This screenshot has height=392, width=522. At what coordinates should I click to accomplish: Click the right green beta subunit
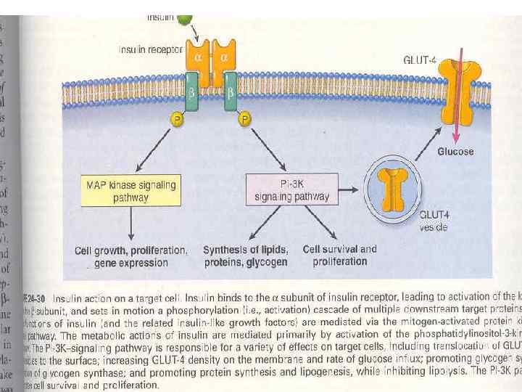[230, 92]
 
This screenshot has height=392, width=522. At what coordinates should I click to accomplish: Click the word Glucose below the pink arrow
[455, 152]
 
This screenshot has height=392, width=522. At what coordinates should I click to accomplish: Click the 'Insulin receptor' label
[150, 49]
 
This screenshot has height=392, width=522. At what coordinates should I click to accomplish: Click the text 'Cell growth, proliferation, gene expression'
[131, 256]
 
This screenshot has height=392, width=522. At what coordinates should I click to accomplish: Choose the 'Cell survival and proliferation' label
[340, 255]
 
